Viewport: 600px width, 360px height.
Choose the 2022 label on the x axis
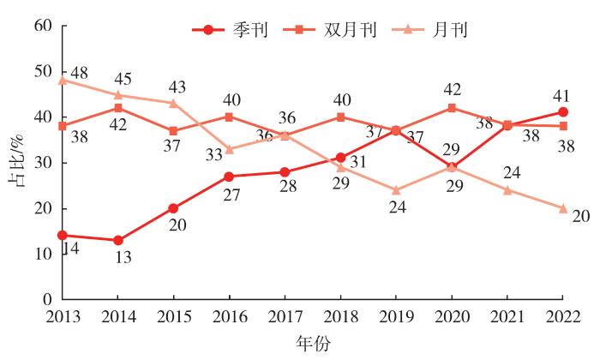click(x=563, y=318)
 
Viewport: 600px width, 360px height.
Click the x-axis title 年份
click(x=312, y=343)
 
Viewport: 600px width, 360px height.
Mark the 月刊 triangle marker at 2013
click(x=63, y=81)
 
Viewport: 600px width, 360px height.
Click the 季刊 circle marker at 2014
click(x=118, y=240)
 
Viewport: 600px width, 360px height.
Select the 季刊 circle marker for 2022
click(x=563, y=112)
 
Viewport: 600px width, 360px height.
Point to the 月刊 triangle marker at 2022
click(x=563, y=208)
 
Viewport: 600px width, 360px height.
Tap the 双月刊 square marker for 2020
click(x=452, y=108)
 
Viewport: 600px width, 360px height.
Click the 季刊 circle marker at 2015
click(x=174, y=208)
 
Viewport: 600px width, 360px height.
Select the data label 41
click(x=560, y=94)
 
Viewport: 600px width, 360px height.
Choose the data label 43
click(x=178, y=87)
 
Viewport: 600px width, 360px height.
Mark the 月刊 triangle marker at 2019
click(x=396, y=190)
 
